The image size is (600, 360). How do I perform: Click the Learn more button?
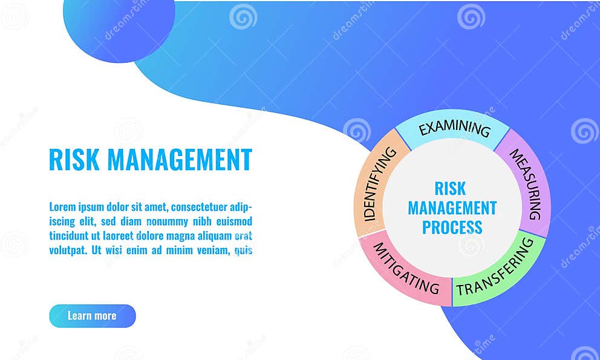(x=92, y=316)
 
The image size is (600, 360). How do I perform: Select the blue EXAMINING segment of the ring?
(x=454, y=128)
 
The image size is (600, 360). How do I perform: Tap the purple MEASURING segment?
(x=526, y=183)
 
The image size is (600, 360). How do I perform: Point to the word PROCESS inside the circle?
(x=452, y=227)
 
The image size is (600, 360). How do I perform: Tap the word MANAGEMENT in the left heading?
(x=180, y=160)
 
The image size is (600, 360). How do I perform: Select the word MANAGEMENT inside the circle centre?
(x=452, y=208)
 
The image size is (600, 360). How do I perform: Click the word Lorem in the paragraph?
(x=63, y=207)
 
